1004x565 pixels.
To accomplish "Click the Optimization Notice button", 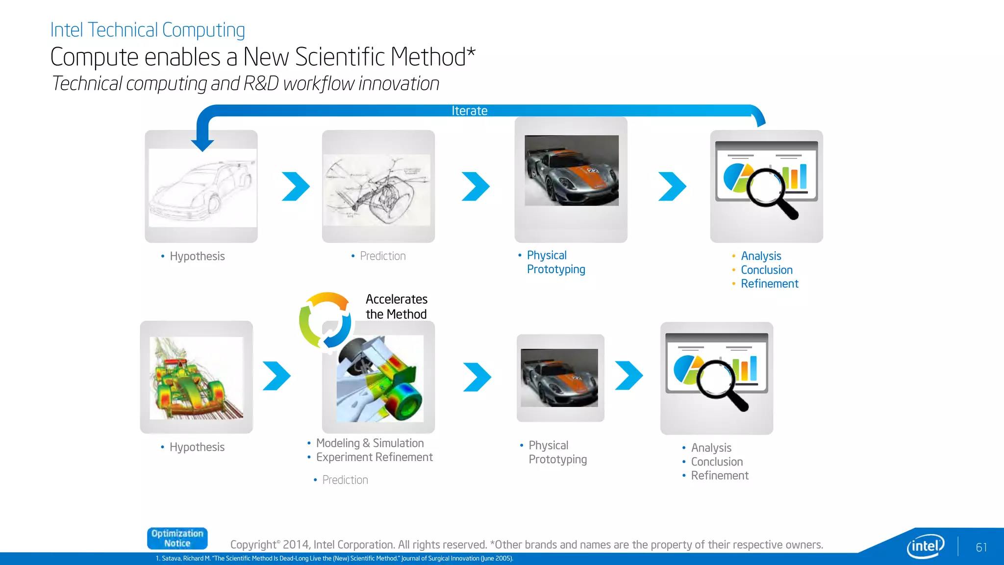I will click(177, 539).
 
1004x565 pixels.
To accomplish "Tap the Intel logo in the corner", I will click(925, 546).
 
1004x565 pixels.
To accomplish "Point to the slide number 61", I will click(981, 547).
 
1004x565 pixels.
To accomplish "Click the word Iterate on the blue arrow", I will click(469, 111).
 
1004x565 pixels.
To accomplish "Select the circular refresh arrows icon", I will click(325, 320).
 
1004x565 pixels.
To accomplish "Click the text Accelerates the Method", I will click(397, 307).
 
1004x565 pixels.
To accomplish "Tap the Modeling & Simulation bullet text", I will click(370, 443).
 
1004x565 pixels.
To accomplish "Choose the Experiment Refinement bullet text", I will click(374, 457).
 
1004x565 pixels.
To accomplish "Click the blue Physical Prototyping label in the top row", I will click(555, 262).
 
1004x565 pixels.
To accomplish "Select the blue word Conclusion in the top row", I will click(766, 270).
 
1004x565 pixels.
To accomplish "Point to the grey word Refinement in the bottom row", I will click(719, 475).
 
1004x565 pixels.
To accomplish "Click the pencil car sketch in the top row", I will click(202, 188).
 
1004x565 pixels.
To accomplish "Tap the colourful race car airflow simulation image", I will click(196, 378).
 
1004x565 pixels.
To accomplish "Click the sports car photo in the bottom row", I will click(559, 378).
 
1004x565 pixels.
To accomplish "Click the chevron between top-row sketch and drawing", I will click(296, 186).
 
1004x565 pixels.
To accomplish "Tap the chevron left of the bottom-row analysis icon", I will click(628, 376).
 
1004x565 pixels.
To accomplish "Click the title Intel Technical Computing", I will click(148, 30).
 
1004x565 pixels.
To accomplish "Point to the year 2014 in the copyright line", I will click(296, 545).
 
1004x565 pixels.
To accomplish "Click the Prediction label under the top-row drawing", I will click(382, 256).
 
